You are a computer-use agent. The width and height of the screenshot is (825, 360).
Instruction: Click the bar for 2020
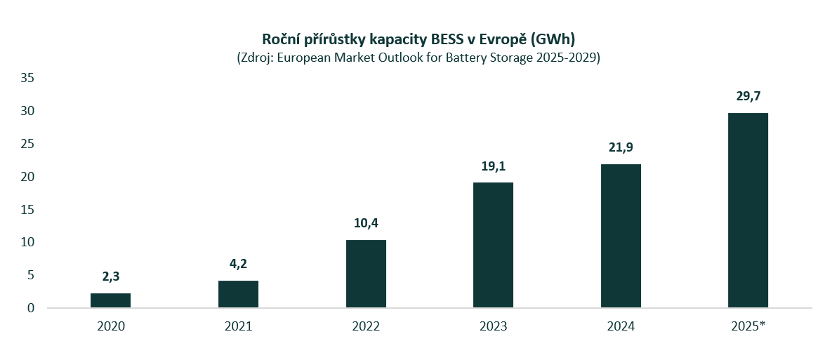pos(110,300)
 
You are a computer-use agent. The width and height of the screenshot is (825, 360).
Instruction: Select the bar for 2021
pos(238,294)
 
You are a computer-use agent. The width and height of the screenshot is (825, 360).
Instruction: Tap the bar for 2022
pos(366,274)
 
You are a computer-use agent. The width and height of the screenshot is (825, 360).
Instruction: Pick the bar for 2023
pos(493,245)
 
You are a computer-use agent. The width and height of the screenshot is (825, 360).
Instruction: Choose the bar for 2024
pos(621,236)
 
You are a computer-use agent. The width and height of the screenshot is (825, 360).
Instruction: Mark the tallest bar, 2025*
pos(748,211)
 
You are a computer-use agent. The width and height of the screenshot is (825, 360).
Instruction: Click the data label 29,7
pos(748,97)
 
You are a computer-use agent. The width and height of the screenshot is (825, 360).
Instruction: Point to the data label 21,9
pos(621,148)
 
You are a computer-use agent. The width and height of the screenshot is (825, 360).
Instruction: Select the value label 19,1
pos(493,166)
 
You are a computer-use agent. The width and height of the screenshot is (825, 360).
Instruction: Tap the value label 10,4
pos(366,224)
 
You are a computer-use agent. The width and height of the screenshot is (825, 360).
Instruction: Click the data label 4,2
pos(238,265)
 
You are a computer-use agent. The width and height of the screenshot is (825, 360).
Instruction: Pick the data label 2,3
pos(110,277)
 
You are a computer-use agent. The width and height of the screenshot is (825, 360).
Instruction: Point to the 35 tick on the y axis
pos(27,78)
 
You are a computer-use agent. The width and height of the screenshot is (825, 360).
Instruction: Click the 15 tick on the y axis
pos(27,210)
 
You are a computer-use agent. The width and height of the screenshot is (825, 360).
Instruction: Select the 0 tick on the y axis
pos(31,308)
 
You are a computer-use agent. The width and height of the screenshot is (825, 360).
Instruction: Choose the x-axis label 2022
pos(366,326)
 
